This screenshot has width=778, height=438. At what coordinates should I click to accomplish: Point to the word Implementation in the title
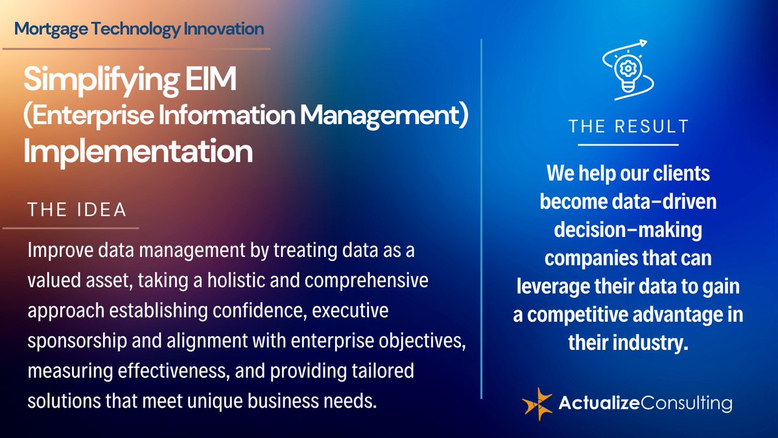(138, 151)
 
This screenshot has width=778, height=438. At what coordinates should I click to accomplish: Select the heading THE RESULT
(628, 127)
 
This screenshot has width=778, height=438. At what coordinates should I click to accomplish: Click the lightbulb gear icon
(628, 68)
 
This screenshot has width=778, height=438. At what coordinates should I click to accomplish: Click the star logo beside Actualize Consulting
(537, 404)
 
